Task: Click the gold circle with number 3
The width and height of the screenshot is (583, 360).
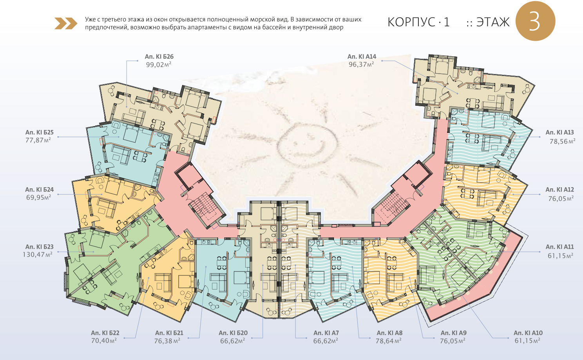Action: click(x=535, y=21)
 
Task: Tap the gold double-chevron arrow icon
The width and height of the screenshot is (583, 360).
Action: click(x=66, y=24)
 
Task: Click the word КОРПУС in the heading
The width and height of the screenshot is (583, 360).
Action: click(x=411, y=22)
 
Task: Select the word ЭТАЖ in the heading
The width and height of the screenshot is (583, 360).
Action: click(x=493, y=22)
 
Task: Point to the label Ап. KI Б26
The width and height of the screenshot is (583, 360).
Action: click(x=159, y=56)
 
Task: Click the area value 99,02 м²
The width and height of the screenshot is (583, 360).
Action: click(x=159, y=65)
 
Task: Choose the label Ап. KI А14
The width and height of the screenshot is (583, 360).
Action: click(x=362, y=56)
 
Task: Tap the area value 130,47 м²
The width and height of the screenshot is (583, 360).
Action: click(x=38, y=255)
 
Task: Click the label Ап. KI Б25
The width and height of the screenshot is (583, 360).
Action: click(x=39, y=132)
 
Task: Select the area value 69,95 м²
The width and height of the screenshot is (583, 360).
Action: click(x=38, y=198)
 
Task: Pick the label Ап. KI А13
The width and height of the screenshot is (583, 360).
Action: click(x=559, y=132)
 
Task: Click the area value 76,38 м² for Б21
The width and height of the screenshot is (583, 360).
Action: click(x=167, y=341)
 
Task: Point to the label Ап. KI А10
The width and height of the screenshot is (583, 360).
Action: click(x=528, y=333)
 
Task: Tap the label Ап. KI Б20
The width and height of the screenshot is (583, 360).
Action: click(x=233, y=333)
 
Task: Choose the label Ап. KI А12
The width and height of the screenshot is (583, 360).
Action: click(x=559, y=190)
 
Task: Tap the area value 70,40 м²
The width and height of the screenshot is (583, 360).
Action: click(x=104, y=341)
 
